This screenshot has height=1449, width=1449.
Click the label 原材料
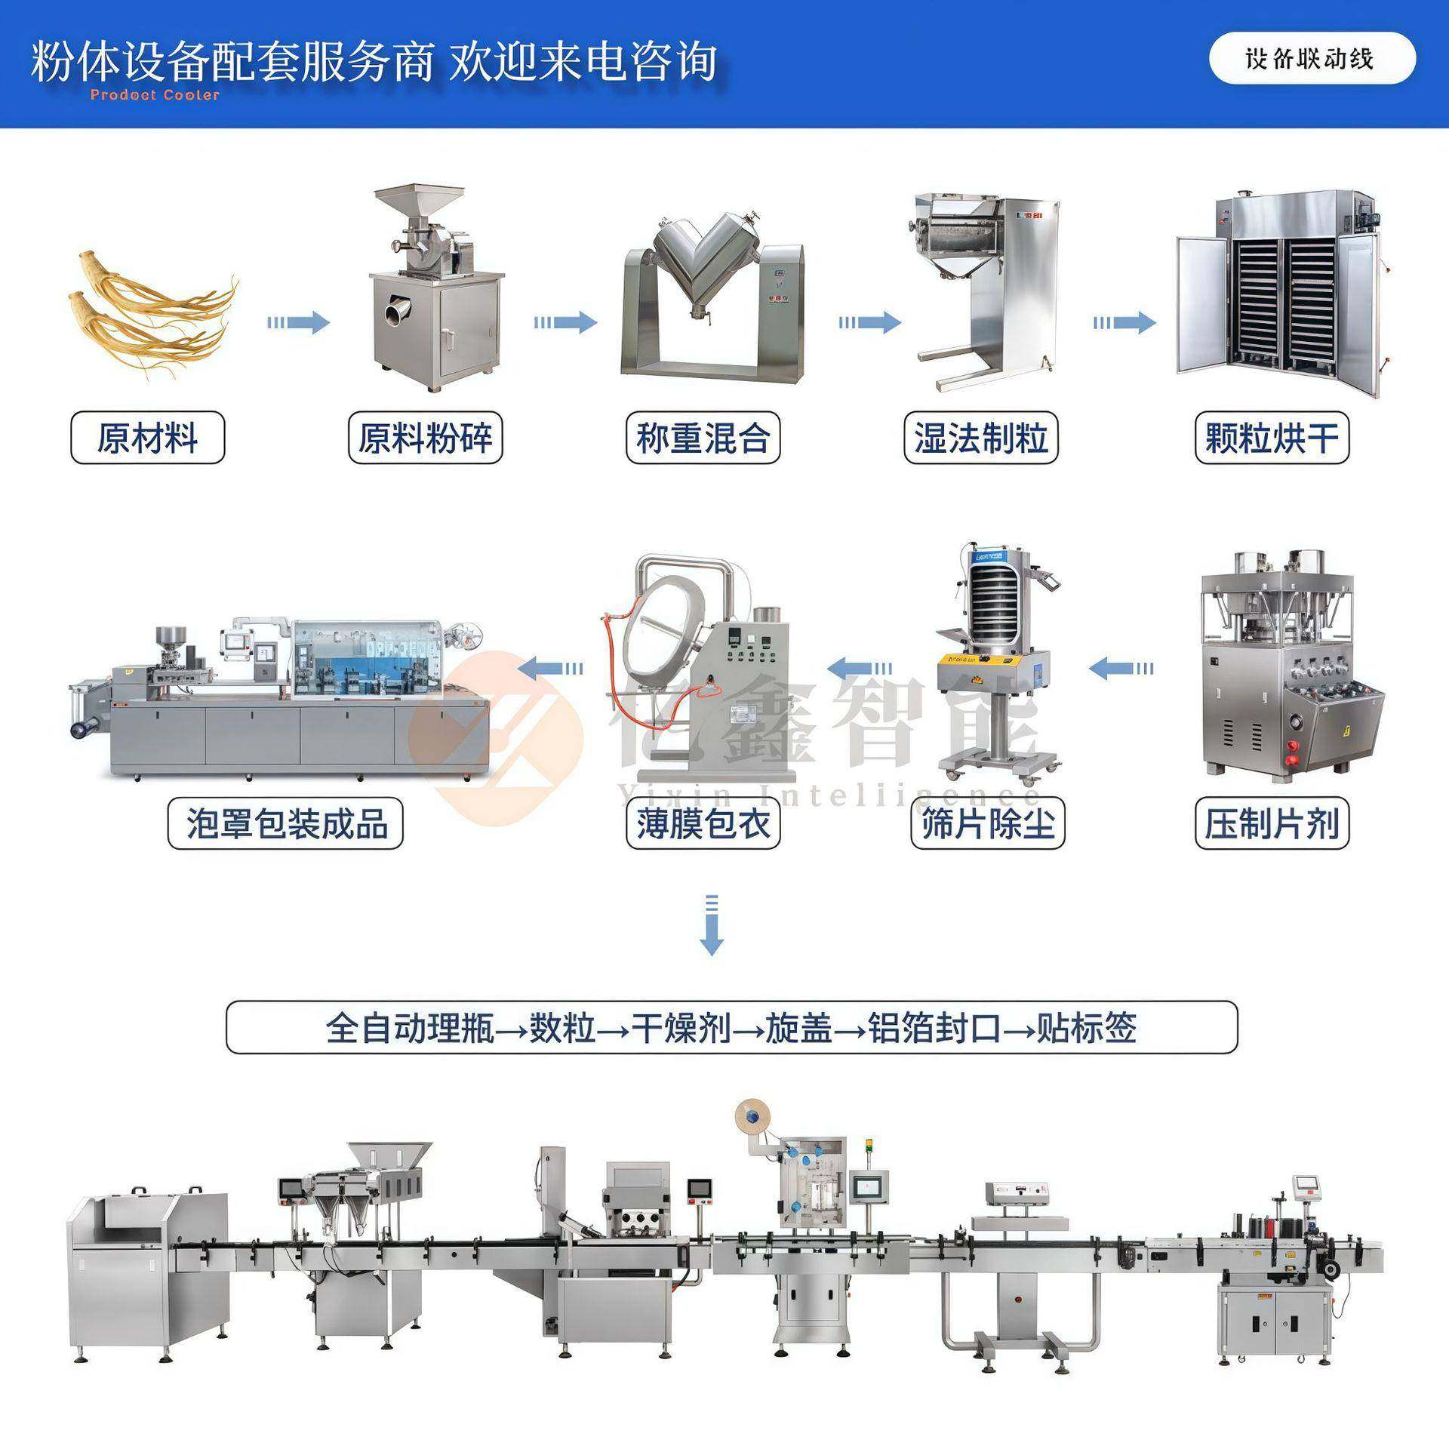[x=147, y=438]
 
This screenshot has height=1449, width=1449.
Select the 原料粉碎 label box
[x=425, y=438]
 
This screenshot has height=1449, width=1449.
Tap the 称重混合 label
[x=703, y=438]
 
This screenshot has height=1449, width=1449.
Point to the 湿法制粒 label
[x=980, y=438]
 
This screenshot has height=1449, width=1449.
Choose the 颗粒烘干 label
[x=1271, y=438]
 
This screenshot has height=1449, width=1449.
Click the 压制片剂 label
[x=1271, y=823]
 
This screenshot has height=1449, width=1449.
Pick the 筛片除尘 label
[x=987, y=823]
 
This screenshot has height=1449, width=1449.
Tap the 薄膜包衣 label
[x=703, y=823]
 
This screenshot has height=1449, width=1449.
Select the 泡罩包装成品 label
[x=285, y=823]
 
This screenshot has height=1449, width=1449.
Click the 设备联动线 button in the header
[x=1312, y=58]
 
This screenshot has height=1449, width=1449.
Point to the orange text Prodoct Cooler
[x=155, y=95]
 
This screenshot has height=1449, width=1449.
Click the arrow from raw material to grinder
[x=298, y=323]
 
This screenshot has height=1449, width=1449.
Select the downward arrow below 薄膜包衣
[x=712, y=925]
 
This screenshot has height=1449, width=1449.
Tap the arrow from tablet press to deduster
[x=1121, y=668]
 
